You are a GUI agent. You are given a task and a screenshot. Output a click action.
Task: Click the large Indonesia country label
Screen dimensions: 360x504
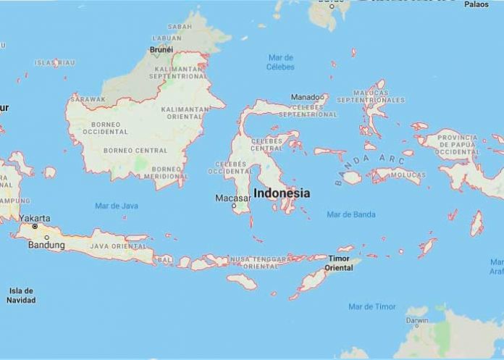pyautogui.click(x=282, y=193)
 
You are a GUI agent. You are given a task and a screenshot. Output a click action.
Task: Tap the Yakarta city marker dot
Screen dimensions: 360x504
pyautogui.click(x=34, y=227)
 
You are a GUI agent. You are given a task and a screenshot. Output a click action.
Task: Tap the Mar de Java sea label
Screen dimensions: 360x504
pyautogui.click(x=116, y=206)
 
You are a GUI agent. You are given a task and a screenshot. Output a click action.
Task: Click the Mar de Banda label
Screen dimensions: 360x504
pyautogui.click(x=351, y=214)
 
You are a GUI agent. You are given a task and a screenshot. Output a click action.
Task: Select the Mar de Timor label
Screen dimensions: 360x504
pyautogui.click(x=371, y=306)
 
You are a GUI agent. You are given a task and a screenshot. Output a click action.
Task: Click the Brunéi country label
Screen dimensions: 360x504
pyautogui.click(x=161, y=50)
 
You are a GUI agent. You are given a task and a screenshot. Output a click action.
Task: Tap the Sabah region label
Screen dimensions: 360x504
pyautogui.click(x=180, y=26)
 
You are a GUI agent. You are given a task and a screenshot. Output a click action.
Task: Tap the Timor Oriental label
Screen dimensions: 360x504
pyautogui.click(x=339, y=263)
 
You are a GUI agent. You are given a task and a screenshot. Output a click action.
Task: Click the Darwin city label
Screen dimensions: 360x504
pyautogui.click(x=416, y=319)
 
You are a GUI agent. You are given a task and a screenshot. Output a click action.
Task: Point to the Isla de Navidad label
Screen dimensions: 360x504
pyautogui.click(x=21, y=295)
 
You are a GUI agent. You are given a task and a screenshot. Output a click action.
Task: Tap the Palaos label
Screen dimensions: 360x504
pyautogui.click(x=477, y=4)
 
